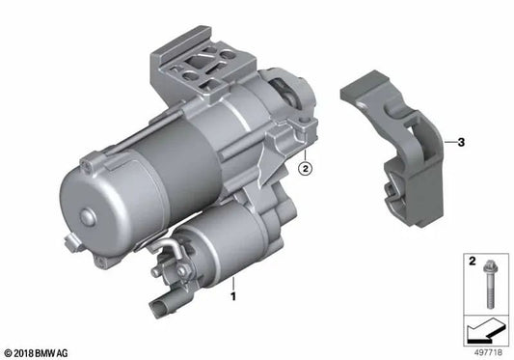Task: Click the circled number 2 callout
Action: [x=304, y=170]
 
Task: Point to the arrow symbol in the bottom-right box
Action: [x=481, y=334]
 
